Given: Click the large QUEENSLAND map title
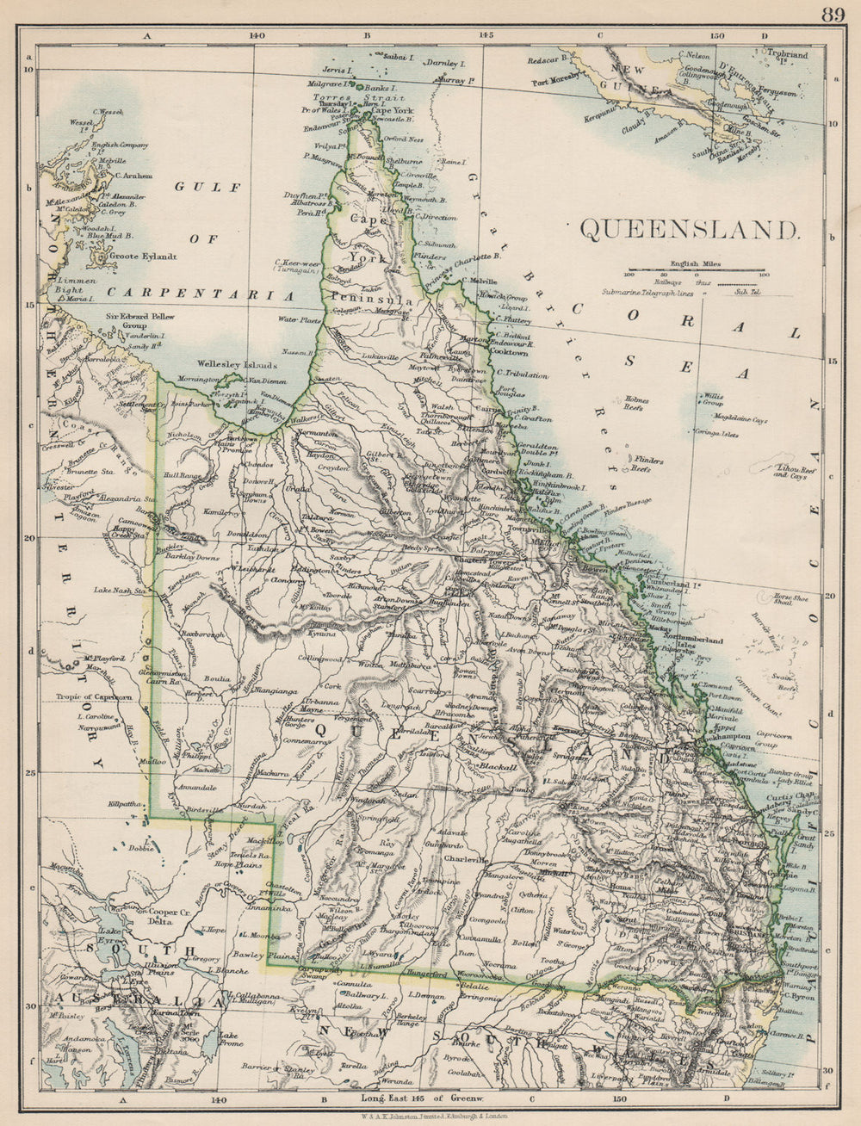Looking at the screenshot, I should pos(690,230).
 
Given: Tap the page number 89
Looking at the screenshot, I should pos(833,14).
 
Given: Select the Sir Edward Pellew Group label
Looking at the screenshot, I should pos(136,320).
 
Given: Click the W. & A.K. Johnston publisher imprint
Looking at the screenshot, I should pos(430,1117).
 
